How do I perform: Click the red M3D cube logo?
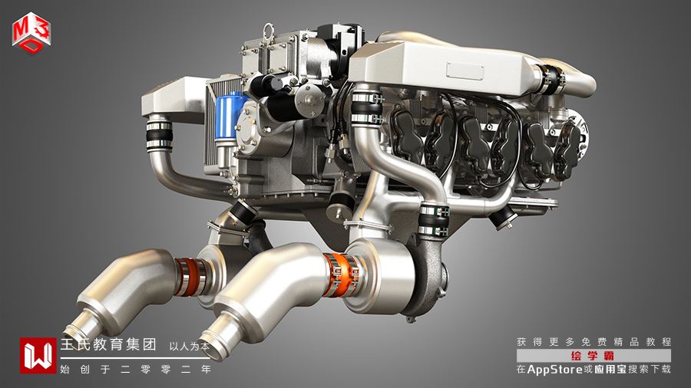click(x=31, y=33)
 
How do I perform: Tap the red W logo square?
click(x=38, y=356)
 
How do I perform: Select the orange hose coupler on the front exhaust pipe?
click(x=340, y=275)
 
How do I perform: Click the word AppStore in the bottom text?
click(x=555, y=370)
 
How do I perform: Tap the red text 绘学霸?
click(x=593, y=356)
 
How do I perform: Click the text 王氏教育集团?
click(x=108, y=344)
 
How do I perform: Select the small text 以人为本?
click(x=190, y=346)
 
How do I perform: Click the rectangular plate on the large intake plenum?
click(x=465, y=71)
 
